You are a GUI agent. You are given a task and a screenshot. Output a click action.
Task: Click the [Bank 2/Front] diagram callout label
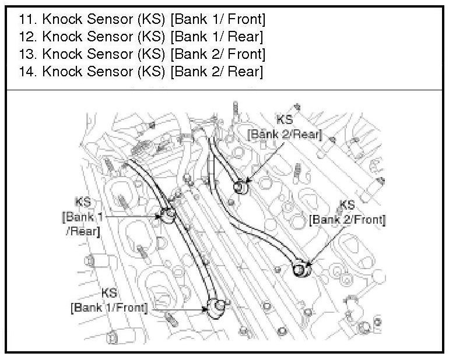(x=347, y=220)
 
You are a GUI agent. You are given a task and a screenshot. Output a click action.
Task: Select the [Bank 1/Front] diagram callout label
(x=109, y=306)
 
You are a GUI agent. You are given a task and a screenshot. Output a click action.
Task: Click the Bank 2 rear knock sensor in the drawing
(x=240, y=188)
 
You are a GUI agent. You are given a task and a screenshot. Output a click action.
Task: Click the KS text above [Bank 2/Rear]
(x=285, y=120)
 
